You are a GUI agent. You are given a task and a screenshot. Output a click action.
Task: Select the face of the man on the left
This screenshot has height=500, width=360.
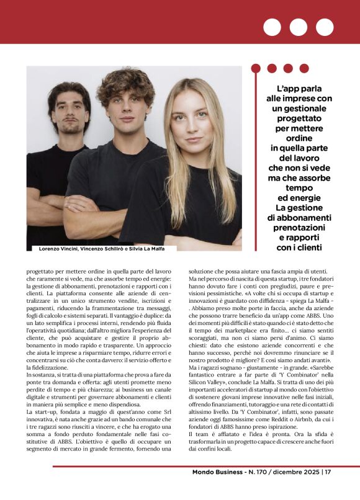(x=70, y=115)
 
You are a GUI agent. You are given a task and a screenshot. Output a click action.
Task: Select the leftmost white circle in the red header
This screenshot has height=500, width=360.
(x=272, y=27)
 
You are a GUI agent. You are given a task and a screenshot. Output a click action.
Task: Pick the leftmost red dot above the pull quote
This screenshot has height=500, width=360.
(x=255, y=68)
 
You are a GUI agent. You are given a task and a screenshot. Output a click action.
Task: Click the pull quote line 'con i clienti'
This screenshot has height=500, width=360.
(x=295, y=248)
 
